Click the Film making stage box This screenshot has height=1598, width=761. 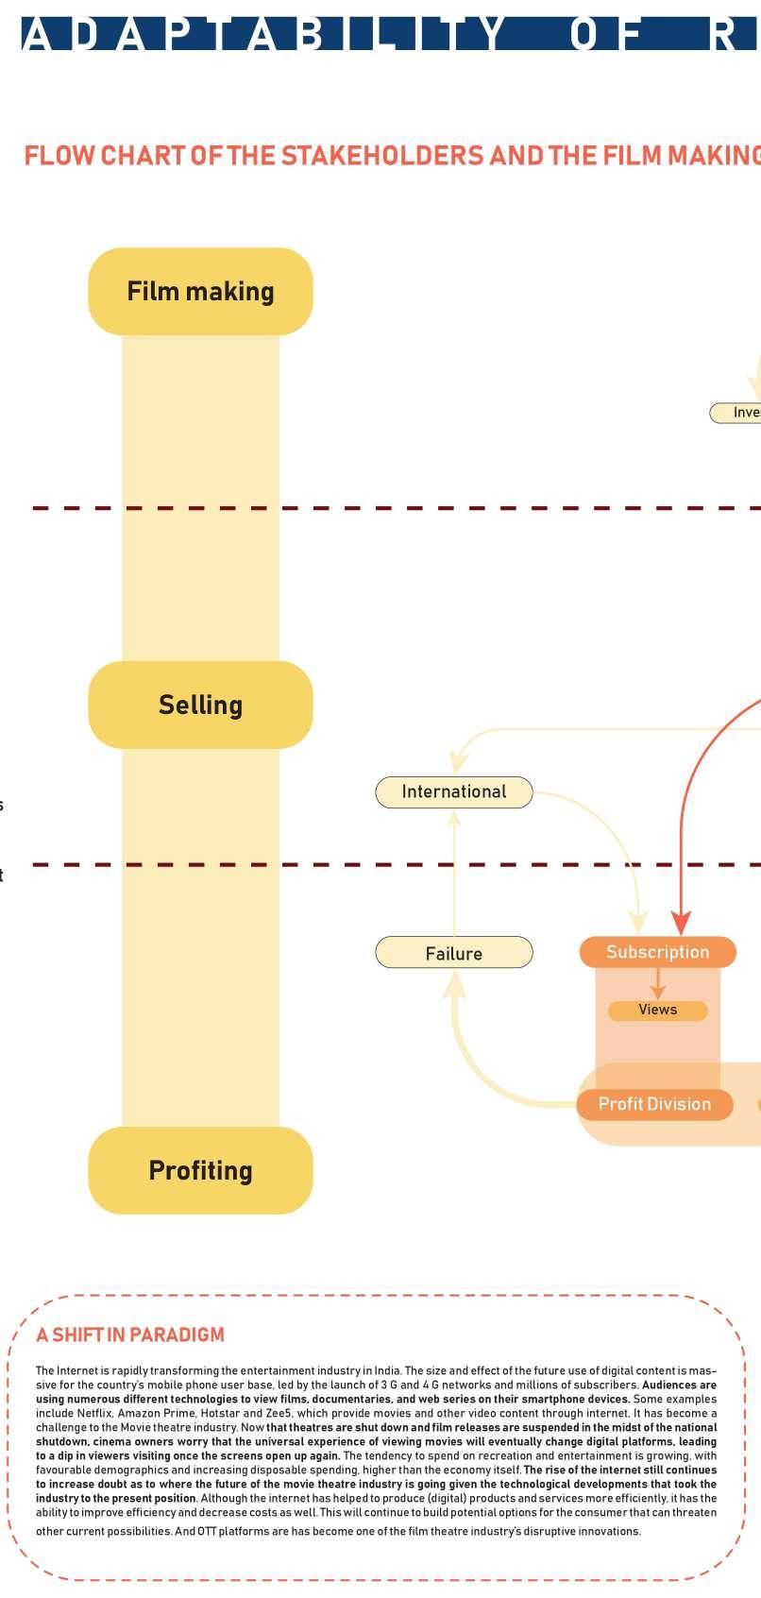(x=200, y=291)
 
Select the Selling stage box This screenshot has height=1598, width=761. (x=200, y=705)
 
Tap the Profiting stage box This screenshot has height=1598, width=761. (x=200, y=1170)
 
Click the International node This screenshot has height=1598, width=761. (x=454, y=791)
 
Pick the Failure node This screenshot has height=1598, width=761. (x=454, y=953)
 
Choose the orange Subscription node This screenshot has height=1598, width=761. (x=657, y=952)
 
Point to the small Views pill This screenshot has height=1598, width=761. (x=657, y=1010)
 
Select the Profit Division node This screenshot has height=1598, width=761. (x=654, y=1104)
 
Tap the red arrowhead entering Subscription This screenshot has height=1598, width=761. (x=682, y=923)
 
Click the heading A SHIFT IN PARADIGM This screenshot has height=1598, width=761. (x=130, y=1334)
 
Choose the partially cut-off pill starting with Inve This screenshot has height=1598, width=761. (x=736, y=413)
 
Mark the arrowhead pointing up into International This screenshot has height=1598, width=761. (x=455, y=818)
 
